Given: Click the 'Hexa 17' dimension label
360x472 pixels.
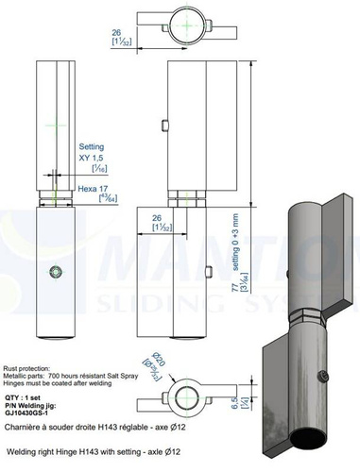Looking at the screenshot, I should pos(91,189).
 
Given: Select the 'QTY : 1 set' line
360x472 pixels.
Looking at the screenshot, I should pos(25,397).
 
